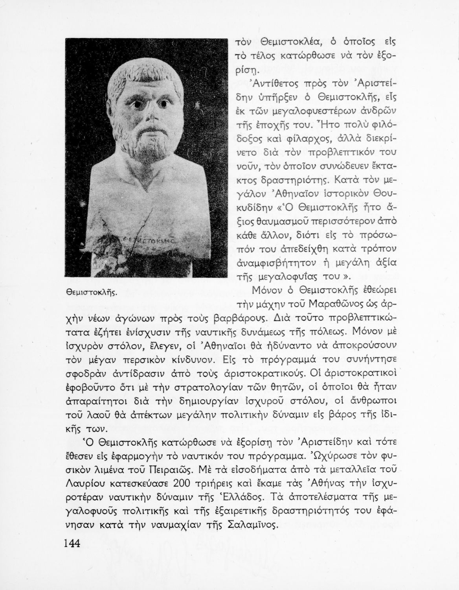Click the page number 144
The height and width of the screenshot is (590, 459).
[72, 544]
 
